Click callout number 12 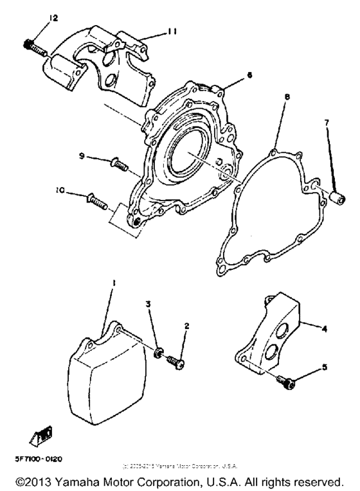(x=53, y=17)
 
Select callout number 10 (x=60, y=190)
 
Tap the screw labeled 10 (x=94, y=201)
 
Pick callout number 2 (x=186, y=326)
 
